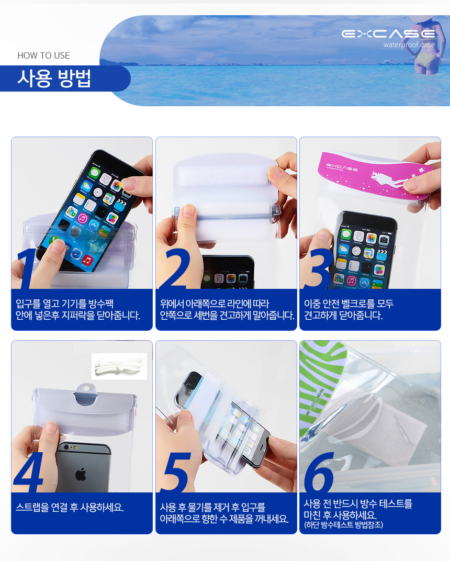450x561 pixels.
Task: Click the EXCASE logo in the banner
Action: click(x=388, y=34)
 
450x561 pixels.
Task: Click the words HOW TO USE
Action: click(x=43, y=55)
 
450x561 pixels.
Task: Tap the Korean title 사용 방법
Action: click(x=54, y=78)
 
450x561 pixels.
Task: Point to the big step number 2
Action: click(x=175, y=268)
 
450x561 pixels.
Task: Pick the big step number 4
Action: click(x=29, y=472)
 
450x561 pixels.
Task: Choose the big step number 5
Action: click(x=175, y=472)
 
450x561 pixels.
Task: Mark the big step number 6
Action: click(x=318, y=472)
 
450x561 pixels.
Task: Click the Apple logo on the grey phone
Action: click(x=81, y=474)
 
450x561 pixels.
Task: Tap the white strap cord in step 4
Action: click(x=119, y=366)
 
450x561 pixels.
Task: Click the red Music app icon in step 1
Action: click(x=87, y=260)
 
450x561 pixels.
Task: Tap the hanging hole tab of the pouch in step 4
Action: click(x=86, y=394)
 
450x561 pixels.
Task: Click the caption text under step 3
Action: click(x=348, y=309)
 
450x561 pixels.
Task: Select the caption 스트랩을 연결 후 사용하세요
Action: click(x=70, y=507)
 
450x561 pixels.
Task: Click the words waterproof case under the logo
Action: click(x=409, y=44)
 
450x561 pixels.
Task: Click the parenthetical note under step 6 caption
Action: click(x=343, y=525)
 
